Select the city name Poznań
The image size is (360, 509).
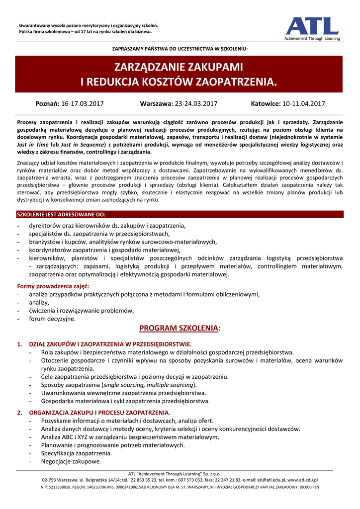coord(47,104)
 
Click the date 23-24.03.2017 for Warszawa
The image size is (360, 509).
coord(196,104)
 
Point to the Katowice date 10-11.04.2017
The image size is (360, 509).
coord(304,104)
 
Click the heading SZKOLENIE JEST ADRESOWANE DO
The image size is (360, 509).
coord(61,214)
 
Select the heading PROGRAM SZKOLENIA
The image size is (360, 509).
coord(180,329)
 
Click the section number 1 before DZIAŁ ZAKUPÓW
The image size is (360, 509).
coord(19,344)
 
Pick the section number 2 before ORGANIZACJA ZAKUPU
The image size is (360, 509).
coord(19,413)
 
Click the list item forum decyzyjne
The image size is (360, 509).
coord(52,319)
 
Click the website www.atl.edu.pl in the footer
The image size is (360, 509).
coord(303,480)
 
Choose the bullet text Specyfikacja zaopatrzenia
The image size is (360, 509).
coord(77,453)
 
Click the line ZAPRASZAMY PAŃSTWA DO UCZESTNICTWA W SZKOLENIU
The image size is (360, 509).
coord(180,49)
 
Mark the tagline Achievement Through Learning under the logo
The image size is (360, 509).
coord(312,38)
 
